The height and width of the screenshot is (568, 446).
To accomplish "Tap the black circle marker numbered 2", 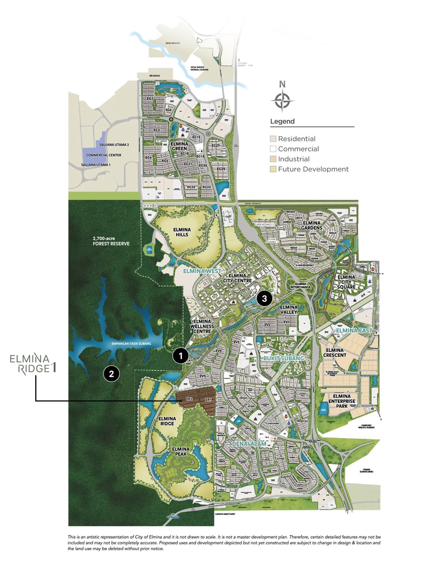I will (111, 374).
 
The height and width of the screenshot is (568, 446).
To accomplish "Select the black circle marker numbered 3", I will (265, 299).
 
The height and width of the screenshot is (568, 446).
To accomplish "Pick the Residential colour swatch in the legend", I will (273, 139).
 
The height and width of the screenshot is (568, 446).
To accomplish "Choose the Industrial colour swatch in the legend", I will (273, 159).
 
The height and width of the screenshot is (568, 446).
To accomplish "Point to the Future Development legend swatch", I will (273, 169).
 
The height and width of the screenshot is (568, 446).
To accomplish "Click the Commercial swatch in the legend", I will (273, 149).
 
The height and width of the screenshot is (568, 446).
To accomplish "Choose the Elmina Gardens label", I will (316, 225).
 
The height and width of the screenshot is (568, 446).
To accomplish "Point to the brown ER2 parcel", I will (188, 400).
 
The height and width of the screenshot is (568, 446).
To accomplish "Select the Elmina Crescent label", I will (336, 352).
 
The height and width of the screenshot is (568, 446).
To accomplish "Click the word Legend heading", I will (282, 121).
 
